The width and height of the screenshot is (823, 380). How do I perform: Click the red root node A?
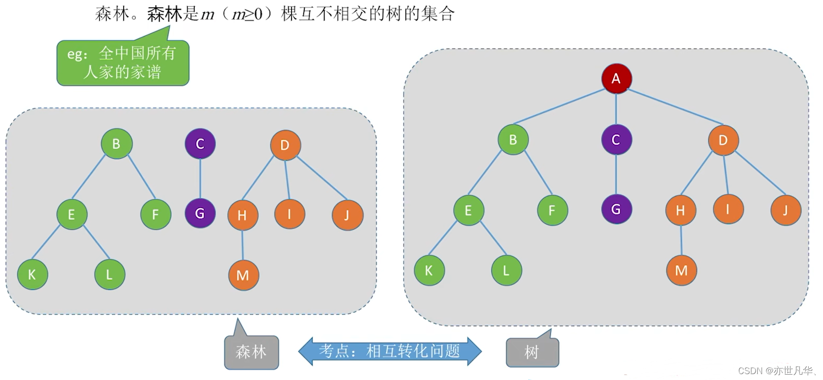pos(616,79)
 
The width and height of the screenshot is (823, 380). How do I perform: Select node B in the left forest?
pos(116,144)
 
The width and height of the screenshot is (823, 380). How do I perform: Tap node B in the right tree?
pos(513,140)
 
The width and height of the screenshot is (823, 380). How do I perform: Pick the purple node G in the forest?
pos(200,214)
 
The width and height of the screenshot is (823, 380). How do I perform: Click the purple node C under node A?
pos(616,140)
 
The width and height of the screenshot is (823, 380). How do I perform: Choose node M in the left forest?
pos(243,275)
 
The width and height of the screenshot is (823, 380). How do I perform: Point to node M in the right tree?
pos(681,271)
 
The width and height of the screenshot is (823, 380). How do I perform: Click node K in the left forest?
pos(32,274)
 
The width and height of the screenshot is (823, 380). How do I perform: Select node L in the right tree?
pos(506,271)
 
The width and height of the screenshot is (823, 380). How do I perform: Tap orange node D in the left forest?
pos(285,145)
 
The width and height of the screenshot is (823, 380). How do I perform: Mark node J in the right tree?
pos(785,210)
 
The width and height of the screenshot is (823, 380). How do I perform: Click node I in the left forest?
pos(290,214)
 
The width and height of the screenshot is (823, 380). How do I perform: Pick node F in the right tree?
pos(552,210)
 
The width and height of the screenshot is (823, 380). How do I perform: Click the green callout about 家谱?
pos(123,63)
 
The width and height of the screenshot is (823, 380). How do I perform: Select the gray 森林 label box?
pos(251,352)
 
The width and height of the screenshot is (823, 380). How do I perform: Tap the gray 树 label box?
pos(532,352)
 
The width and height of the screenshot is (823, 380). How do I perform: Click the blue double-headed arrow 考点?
pos(390,351)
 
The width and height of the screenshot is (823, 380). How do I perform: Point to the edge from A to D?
pos(675,107)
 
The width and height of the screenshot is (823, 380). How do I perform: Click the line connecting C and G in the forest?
pos(200,179)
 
